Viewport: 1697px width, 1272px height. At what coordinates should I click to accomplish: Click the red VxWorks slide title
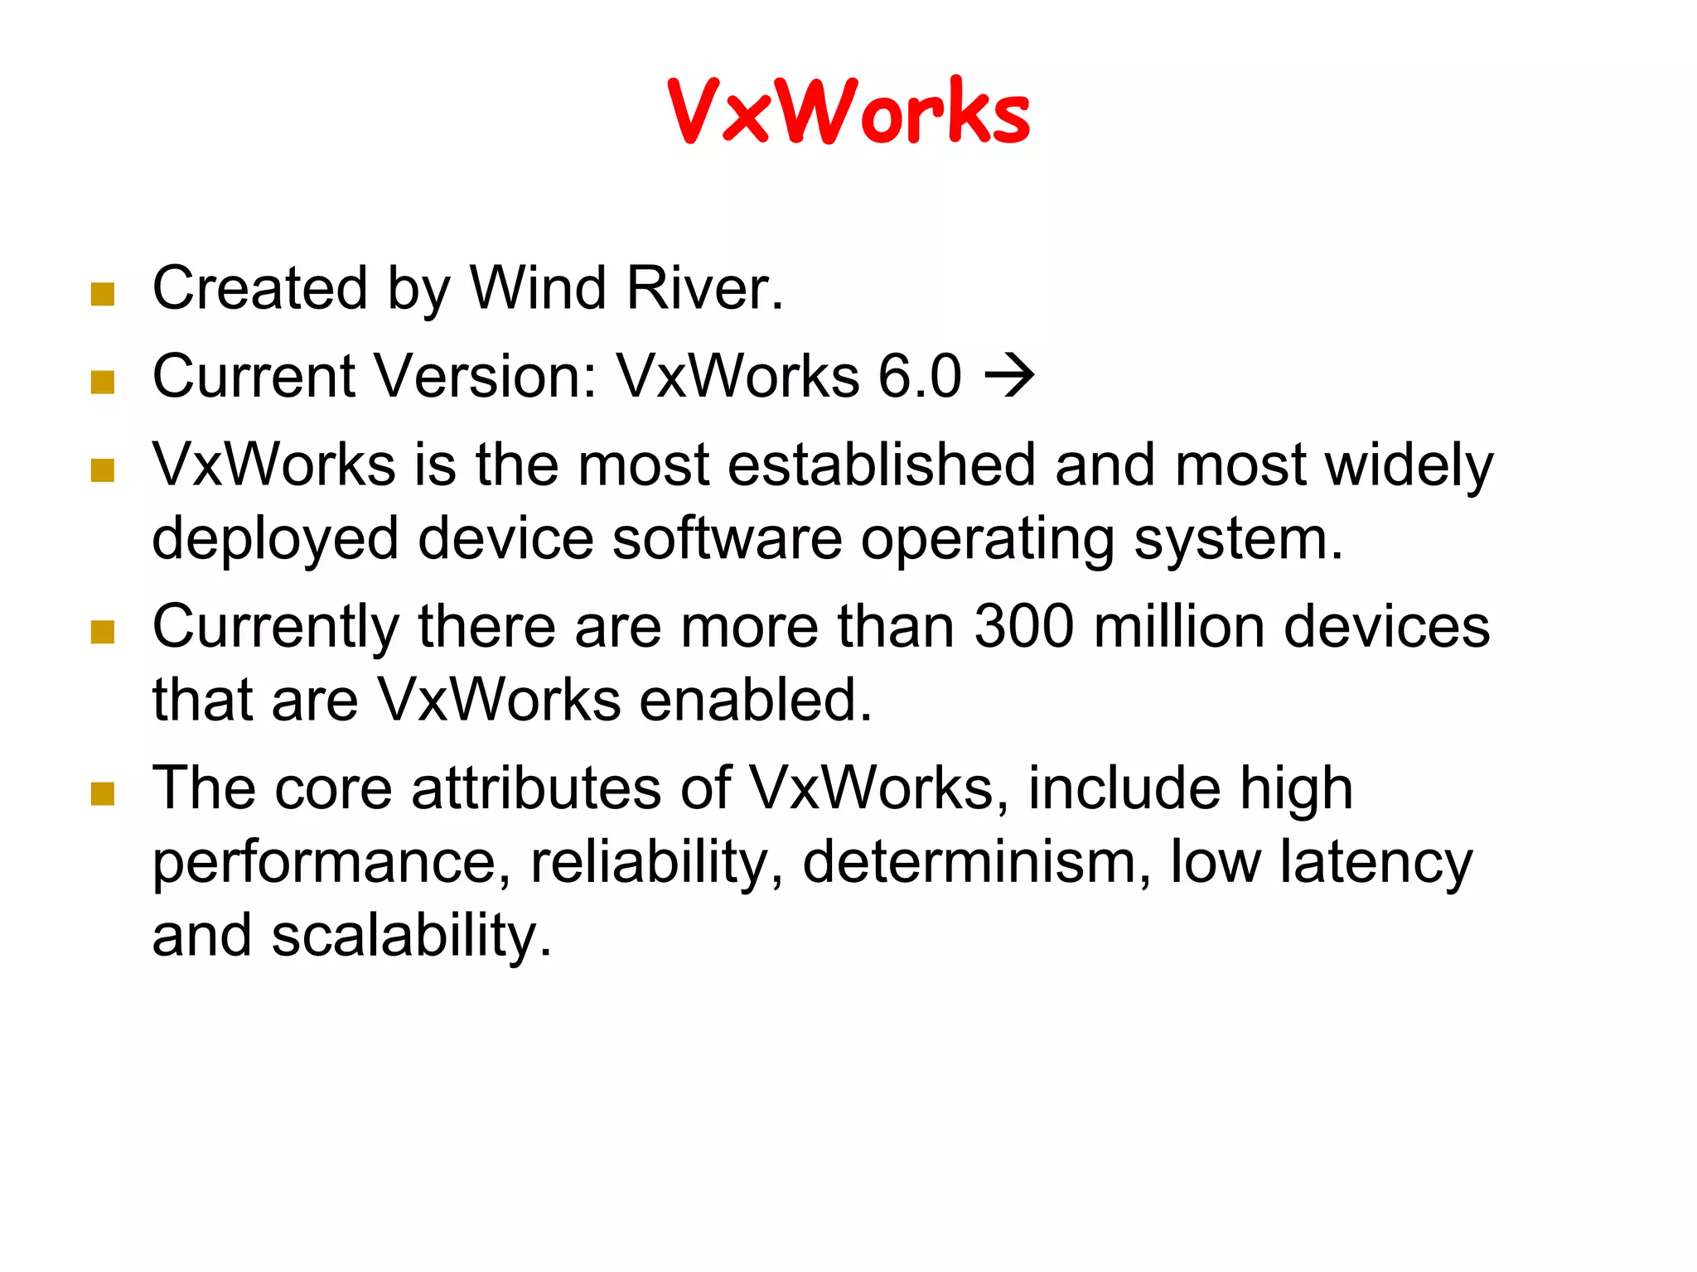(x=848, y=111)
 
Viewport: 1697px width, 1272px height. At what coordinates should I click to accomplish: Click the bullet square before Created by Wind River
(x=103, y=294)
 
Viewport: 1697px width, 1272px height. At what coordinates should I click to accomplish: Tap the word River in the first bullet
(x=704, y=288)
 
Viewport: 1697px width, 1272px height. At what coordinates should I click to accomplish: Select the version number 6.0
(x=920, y=376)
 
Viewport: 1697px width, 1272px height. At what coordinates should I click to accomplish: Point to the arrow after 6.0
(x=1009, y=376)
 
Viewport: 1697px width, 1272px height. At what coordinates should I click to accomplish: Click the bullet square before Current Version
(x=103, y=382)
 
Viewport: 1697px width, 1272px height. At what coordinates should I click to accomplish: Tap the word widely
(x=1409, y=465)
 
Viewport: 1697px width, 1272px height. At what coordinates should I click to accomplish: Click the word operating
(x=988, y=540)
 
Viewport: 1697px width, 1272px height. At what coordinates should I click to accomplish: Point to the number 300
(x=1024, y=626)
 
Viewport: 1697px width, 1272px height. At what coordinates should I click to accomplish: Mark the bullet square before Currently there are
(x=103, y=633)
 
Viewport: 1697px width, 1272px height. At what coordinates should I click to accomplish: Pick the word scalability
(x=411, y=936)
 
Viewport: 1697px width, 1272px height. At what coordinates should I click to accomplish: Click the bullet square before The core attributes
(x=103, y=794)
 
